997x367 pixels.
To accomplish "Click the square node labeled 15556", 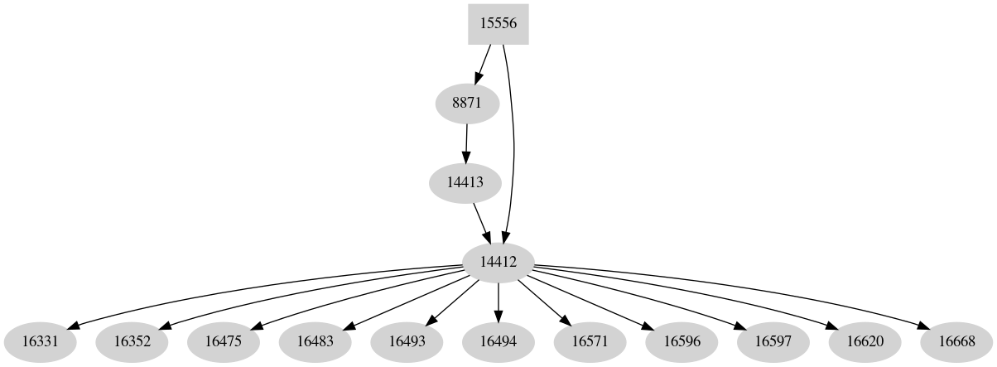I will [498, 24].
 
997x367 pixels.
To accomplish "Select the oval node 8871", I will [467, 104].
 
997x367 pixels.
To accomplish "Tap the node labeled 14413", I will [465, 182].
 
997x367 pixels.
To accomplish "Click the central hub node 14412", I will [498, 262].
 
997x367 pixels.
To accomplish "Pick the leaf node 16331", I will [41, 340].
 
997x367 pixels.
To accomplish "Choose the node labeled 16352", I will [132, 340].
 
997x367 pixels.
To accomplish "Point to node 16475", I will [224, 340].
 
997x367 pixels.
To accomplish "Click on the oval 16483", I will [315, 340].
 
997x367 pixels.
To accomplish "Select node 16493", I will [407, 340].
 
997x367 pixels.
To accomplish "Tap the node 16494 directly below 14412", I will [498, 340].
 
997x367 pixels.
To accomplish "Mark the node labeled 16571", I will [590, 340].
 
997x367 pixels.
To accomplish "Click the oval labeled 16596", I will [682, 340].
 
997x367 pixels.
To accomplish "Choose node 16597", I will [773, 340].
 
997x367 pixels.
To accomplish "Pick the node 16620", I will [865, 340].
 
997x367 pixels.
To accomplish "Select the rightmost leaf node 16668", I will [956, 340].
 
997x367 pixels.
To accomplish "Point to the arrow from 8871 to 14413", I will [466, 142].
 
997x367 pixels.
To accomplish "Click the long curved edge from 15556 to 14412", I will [514, 149].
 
